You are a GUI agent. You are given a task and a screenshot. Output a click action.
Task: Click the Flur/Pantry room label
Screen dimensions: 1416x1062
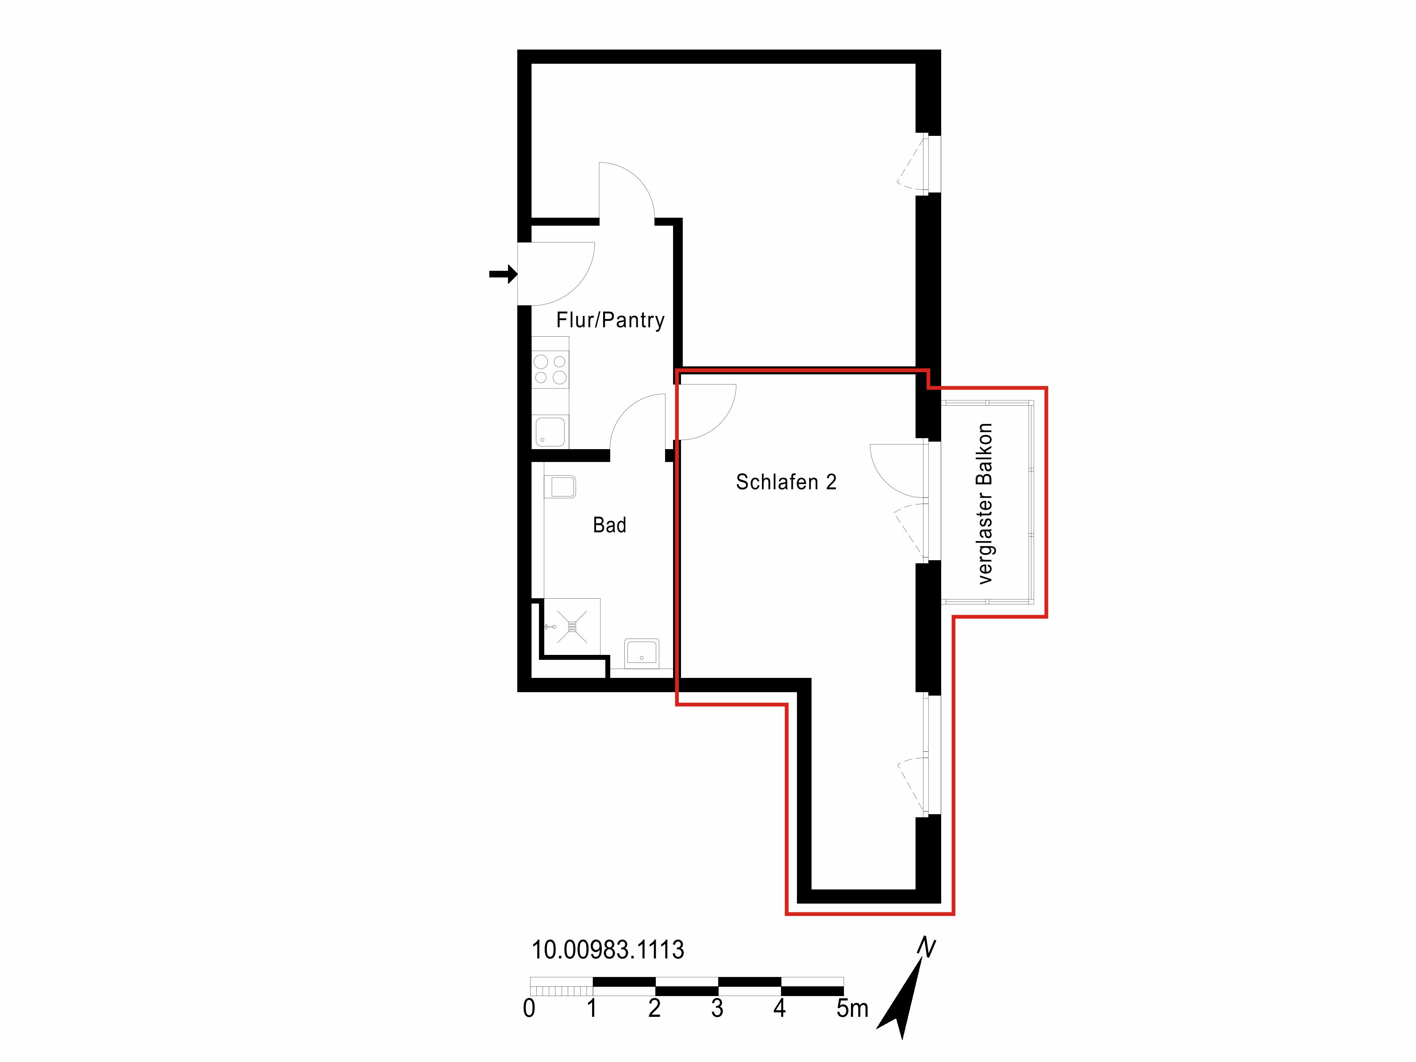tap(610, 320)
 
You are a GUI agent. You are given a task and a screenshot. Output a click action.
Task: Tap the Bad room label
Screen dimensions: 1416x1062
tap(609, 525)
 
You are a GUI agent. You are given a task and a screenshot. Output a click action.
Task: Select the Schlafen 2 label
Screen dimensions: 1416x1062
tap(786, 482)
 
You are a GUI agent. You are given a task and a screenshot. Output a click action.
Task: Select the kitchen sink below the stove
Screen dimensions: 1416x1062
tap(550, 431)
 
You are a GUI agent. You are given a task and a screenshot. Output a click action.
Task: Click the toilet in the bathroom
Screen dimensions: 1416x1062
tap(560, 486)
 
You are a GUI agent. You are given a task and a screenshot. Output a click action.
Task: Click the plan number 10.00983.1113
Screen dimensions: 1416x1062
tap(608, 949)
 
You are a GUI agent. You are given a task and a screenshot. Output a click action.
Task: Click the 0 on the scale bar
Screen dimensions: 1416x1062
tap(529, 1008)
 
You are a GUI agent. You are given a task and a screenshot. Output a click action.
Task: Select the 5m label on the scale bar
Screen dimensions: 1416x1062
tap(852, 1008)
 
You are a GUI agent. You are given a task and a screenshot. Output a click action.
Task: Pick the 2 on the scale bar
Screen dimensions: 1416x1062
tap(654, 1008)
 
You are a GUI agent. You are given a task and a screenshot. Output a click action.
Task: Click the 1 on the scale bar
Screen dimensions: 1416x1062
tap(592, 1008)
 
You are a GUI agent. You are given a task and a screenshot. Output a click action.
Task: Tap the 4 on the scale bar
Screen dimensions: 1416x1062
tap(779, 1008)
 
